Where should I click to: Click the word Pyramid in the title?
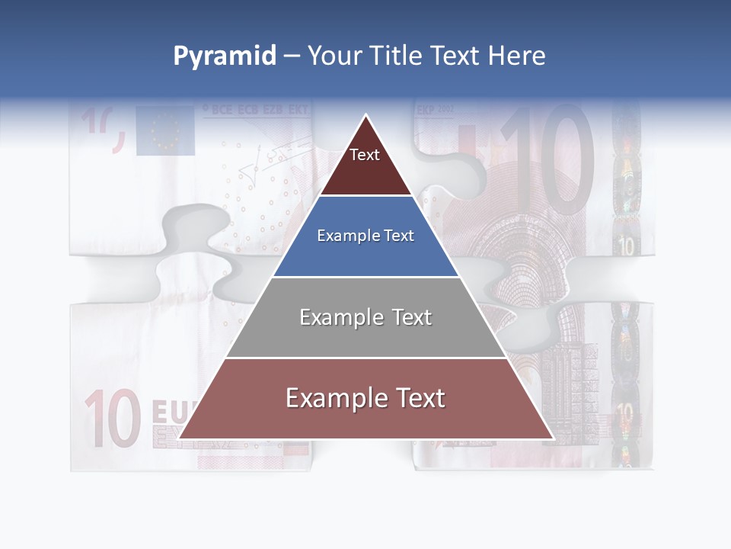[224, 56]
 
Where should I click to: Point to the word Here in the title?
[517, 56]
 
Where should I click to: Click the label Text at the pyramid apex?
[365, 156]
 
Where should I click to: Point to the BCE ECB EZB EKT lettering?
[256, 111]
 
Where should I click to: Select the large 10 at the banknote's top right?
[548, 160]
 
